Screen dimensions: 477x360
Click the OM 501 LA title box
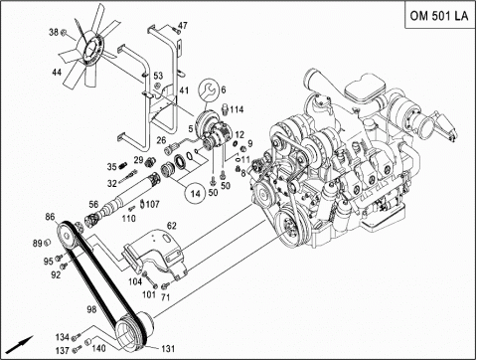(439, 16)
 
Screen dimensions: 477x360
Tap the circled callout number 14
(196, 193)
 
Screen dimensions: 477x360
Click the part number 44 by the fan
(57, 72)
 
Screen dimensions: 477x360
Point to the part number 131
(168, 349)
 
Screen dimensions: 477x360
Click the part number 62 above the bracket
(172, 226)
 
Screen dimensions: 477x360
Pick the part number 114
(237, 109)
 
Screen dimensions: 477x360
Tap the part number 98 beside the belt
(91, 309)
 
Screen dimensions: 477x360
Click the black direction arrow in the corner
(21, 345)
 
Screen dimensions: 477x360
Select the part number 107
(152, 204)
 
